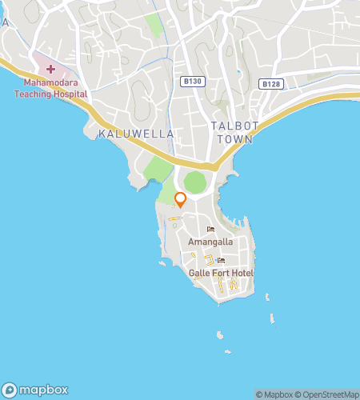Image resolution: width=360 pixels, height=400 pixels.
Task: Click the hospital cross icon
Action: pyautogui.click(x=50, y=70)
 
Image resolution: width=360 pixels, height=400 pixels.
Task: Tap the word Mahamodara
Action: pyautogui.click(x=48, y=82)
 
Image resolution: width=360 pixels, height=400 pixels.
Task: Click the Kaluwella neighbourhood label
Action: pyautogui.click(x=136, y=134)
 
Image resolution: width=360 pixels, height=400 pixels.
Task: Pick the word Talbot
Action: pyautogui.click(x=231, y=126)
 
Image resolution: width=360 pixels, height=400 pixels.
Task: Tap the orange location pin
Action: pyautogui.click(x=181, y=200)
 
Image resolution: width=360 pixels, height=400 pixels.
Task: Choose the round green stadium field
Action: pyautogui.click(x=194, y=182)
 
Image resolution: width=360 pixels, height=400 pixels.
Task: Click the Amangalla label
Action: pyautogui.click(x=210, y=241)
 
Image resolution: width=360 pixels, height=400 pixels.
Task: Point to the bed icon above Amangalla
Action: pyautogui.click(x=210, y=230)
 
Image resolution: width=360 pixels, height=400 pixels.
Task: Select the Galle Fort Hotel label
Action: pyautogui.click(x=221, y=274)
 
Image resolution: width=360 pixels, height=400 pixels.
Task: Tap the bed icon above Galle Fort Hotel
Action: pyautogui.click(x=221, y=262)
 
